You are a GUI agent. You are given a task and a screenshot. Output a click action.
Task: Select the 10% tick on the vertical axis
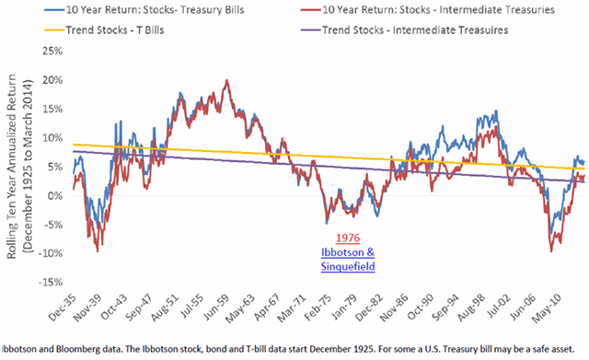(52, 137)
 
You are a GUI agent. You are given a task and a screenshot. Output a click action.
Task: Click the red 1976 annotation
(348, 237)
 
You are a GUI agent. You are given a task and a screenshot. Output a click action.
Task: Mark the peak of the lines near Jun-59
(225, 81)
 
